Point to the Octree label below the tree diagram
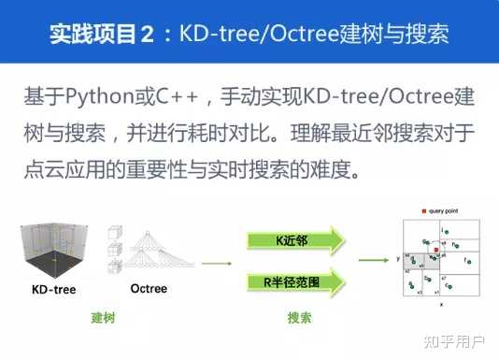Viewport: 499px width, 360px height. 149,288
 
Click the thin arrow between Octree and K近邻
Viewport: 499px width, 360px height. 218,264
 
